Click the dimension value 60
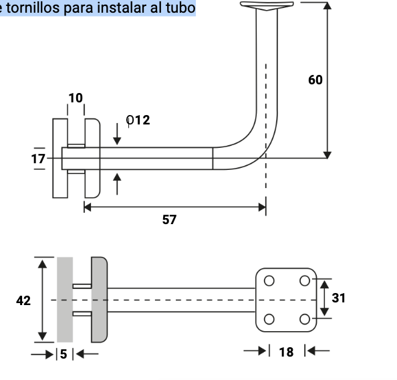pos(315,80)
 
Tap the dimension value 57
pos(170,219)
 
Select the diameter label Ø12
pos(138,120)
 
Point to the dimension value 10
pos(76,98)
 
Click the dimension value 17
pos(38,159)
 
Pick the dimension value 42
pos(23,300)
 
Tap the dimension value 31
pos(339,298)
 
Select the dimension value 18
pos(286,352)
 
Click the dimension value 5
pos(64,354)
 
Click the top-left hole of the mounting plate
pos(269,280)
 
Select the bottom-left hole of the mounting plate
pos(269,318)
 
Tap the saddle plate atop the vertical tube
pos(268,6)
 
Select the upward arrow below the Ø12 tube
pos(118,182)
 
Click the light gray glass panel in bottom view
pos(65,299)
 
